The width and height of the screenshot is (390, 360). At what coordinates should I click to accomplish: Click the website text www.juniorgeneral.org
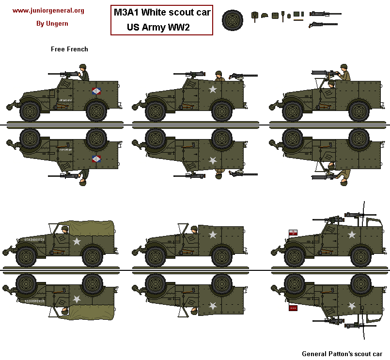[x=48, y=10]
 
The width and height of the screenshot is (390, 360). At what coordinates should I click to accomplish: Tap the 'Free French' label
[x=69, y=49]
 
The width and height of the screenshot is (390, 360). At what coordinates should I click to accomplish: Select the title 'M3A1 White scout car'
[x=162, y=13]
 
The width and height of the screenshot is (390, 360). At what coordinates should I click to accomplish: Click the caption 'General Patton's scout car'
[x=342, y=354]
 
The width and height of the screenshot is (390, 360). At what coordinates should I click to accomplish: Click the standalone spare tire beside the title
[x=233, y=20]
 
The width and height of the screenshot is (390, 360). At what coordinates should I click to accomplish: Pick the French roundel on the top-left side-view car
[x=96, y=91]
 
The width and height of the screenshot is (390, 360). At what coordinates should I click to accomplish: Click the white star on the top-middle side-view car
[x=212, y=89]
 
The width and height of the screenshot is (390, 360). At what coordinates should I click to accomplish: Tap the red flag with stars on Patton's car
[x=293, y=234]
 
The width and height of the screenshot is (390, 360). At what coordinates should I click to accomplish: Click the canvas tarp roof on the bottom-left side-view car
[x=92, y=230]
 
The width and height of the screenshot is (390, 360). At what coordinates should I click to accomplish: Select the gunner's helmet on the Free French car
[x=83, y=67]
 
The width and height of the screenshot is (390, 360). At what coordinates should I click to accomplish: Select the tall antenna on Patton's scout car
[x=362, y=213]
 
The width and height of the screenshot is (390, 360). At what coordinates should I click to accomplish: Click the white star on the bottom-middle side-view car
[x=212, y=235]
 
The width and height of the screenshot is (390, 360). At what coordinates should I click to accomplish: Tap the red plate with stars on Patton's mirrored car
[x=293, y=307]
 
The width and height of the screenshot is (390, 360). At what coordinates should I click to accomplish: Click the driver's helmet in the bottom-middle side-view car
[x=194, y=228]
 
